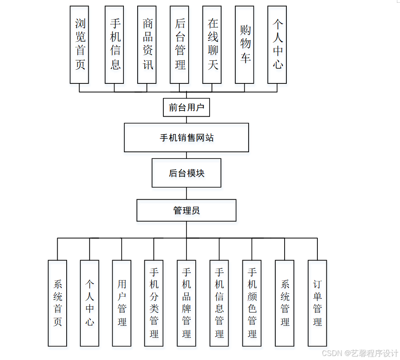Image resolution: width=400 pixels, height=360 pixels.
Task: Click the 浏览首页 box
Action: pyautogui.click(x=79, y=45)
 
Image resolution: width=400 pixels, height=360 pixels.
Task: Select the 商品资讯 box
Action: pyautogui.click(x=147, y=45)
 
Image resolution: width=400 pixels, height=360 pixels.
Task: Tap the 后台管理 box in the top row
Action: pyautogui.click(x=179, y=45)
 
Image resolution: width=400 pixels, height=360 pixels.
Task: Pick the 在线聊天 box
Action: pyautogui.click(x=212, y=45)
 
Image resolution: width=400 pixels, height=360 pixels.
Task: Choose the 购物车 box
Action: pyautogui.click(x=245, y=45)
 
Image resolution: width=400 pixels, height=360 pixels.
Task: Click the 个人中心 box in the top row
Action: pyautogui.click(x=277, y=45)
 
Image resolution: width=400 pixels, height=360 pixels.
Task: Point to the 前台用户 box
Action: pyautogui.click(x=186, y=107)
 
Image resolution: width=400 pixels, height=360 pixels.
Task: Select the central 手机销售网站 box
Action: pyautogui.click(x=186, y=138)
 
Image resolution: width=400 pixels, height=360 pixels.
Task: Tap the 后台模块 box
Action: pyautogui.click(x=186, y=173)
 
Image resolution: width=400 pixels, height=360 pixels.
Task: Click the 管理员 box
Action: pyautogui.click(x=186, y=210)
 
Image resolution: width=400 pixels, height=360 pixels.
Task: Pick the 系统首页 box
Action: pyautogui.click(x=57, y=303)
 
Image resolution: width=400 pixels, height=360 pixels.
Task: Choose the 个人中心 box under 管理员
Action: pyautogui.click(x=90, y=303)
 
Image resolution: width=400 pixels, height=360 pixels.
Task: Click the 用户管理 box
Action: pyautogui.click(x=122, y=303)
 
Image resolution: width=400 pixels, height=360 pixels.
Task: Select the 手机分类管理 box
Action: pyautogui.click(x=154, y=303)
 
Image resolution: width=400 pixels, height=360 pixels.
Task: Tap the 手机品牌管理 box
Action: pyautogui.click(x=186, y=303)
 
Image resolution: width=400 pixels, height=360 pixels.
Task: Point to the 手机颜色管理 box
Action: pyautogui.click(x=252, y=303)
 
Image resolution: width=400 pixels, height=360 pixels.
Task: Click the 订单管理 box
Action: pyautogui.click(x=317, y=303)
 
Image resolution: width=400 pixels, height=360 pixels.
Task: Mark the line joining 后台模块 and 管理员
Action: pyautogui.click(x=186, y=194)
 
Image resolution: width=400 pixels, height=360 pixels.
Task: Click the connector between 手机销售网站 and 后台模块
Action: pyautogui.click(x=186, y=155)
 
